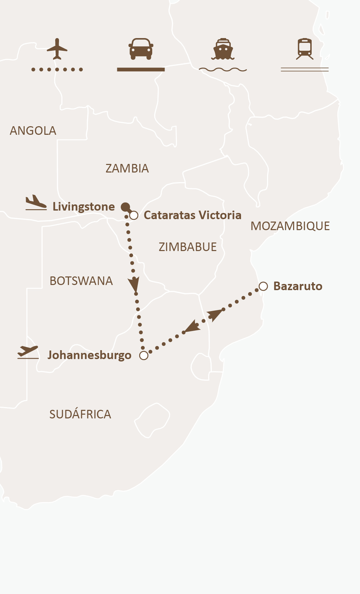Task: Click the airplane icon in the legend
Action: tap(57, 49)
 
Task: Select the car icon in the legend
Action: tap(141, 49)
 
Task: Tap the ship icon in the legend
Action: tap(223, 49)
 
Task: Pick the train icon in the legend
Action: tap(305, 49)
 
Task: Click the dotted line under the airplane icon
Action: tap(57, 70)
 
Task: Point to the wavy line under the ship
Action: tap(223, 70)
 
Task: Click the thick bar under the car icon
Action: tap(141, 70)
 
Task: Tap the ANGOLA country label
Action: tap(33, 131)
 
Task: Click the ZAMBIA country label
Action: tap(127, 168)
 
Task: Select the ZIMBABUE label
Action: tap(188, 247)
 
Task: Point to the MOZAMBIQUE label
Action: tap(290, 226)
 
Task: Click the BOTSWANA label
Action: tap(81, 281)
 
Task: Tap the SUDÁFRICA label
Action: tap(80, 414)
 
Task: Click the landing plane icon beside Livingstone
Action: tap(36, 202)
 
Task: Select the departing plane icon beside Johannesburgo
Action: tap(28, 352)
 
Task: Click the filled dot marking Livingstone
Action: tap(125, 207)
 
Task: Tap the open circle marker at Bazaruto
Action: tap(263, 286)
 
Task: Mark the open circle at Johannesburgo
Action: tap(144, 355)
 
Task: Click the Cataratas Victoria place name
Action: tap(192, 215)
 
